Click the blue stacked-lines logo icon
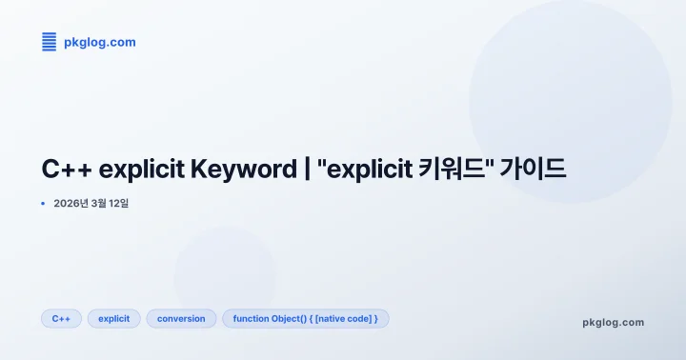click(50, 41)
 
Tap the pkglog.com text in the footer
click(613, 322)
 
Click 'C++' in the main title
click(67, 170)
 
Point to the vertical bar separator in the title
click(307, 170)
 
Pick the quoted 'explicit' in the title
click(367, 170)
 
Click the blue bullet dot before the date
click(43, 203)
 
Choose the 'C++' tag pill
click(61, 318)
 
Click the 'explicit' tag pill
click(114, 318)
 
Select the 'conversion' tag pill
click(181, 318)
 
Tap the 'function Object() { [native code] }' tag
click(305, 318)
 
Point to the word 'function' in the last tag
click(251, 318)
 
